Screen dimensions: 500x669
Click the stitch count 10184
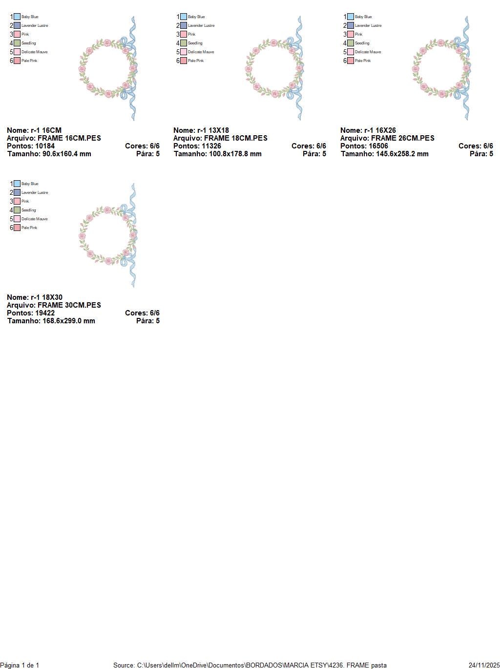(x=45, y=146)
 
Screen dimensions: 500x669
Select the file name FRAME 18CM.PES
(x=235, y=138)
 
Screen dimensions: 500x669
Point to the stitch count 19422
(x=45, y=313)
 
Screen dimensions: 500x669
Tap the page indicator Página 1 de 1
(x=20, y=665)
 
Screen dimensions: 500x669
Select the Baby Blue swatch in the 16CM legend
(x=17, y=17)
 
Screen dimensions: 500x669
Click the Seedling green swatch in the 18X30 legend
(x=17, y=210)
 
